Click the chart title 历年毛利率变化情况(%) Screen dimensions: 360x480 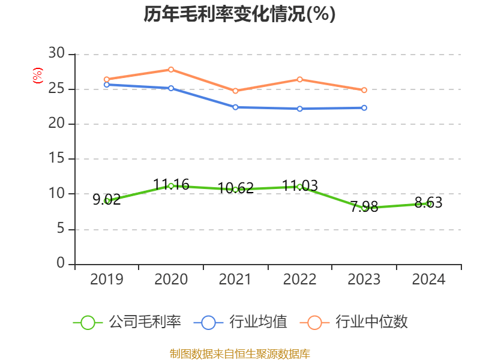pos(239,14)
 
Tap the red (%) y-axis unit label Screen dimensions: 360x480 pos(37,76)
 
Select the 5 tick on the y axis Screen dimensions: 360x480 pos(60,229)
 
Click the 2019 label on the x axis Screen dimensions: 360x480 pos(106,280)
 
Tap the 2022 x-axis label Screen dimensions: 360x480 pos(299,280)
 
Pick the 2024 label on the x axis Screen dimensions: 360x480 pos(428,280)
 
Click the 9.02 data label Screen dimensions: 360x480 pos(106,200)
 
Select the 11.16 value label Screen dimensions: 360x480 pos(171,185)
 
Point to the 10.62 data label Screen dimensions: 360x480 pos(235,188)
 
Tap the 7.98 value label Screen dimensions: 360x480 pos(364,207)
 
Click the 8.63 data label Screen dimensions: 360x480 pos(428,203)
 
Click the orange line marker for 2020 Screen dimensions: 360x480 pos(171,70)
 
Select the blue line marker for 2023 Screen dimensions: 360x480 pos(364,107)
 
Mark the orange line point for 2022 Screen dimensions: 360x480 pos(299,79)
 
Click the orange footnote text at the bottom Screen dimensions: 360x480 pos(239,353)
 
